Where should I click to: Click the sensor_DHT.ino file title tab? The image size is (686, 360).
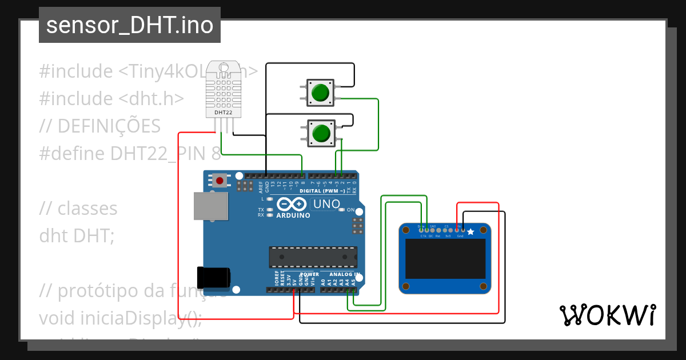(130, 25)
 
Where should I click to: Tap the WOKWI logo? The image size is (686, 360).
(607, 315)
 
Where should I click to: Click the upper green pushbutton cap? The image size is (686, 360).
(320, 92)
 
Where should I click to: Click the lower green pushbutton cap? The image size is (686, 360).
(321, 133)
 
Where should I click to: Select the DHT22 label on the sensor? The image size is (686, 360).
(223, 113)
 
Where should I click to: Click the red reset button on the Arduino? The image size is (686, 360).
(219, 181)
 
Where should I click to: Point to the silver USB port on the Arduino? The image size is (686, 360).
(210, 206)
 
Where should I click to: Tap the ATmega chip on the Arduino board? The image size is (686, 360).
(313, 257)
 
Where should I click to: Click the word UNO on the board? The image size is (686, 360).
(327, 204)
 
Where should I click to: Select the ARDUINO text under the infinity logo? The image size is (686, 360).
(293, 216)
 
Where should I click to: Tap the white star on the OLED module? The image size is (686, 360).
(470, 231)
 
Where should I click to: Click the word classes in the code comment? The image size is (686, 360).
(87, 209)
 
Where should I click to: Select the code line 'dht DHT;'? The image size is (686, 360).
(77, 235)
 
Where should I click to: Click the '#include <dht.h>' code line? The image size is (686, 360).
(111, 98)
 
